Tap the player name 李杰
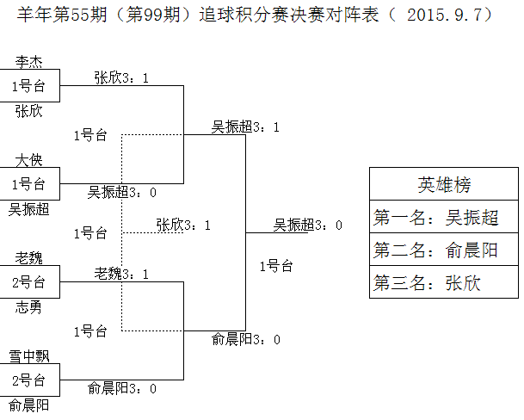point(28,62)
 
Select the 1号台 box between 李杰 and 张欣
point(29,86)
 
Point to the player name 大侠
point(28,160)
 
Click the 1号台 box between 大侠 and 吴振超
point(29,183)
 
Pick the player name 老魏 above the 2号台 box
point(28,258)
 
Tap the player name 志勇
point(28,307)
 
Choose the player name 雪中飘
point(28,356)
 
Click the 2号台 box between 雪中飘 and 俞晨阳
point(29,380)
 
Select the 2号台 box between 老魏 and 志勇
point(29,281)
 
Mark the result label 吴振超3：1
point(246,127)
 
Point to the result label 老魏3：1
point(122,274)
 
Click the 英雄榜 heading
point(443,184)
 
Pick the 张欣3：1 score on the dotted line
point(184,225)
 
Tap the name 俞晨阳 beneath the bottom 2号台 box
point(28,405)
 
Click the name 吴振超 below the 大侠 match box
point(28,209)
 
